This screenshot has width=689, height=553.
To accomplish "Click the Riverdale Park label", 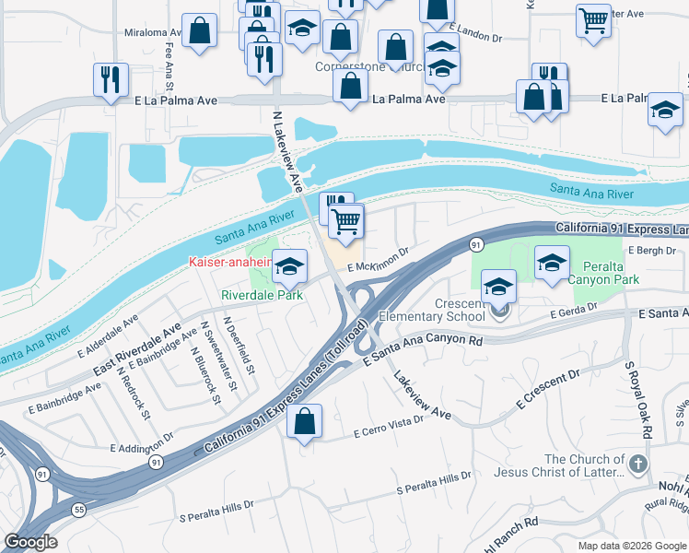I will click(263, 296).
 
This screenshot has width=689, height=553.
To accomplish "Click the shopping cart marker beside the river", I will click(345, 221).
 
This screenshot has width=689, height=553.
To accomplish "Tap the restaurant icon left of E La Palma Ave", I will click(111, 79).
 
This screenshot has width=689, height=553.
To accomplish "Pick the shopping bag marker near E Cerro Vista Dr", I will click(304, 422).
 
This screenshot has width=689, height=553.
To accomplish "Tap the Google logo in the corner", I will click(30, 543).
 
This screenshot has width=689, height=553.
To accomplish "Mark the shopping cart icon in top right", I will click(593, 20).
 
